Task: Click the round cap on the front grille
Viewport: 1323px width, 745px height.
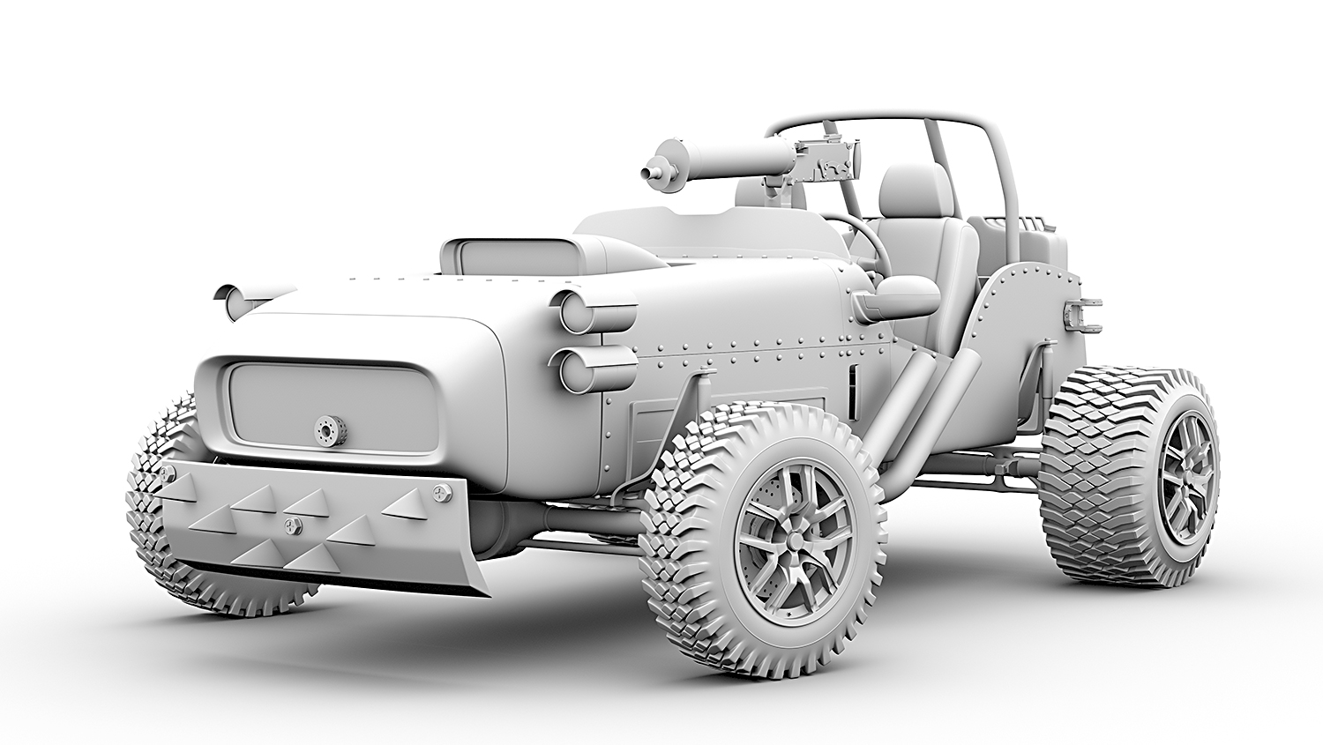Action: (x=330, y=429)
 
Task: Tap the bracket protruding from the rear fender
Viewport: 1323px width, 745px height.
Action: (x=1083, y=315)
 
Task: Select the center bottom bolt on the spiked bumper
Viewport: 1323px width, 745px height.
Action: (x=290, y=525)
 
